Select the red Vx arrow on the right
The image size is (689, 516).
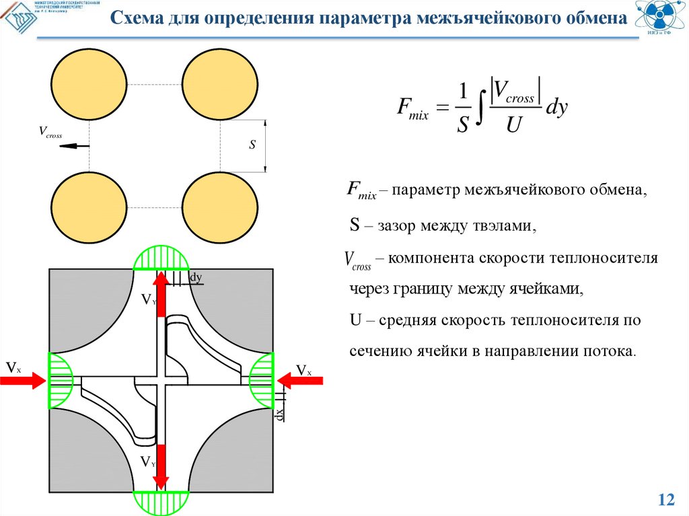[299, 381]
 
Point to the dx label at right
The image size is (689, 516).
[278, 414]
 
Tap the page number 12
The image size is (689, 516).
[666, 499]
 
